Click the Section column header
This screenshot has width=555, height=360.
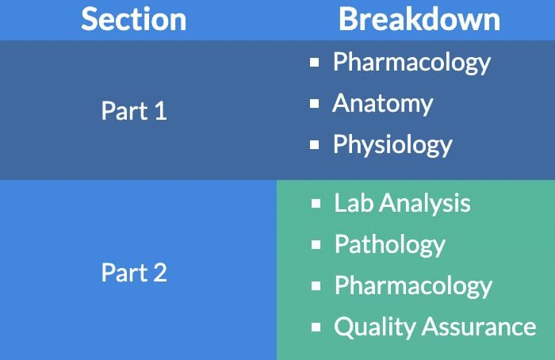coord(134,19)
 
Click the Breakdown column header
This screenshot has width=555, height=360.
coord(419,19)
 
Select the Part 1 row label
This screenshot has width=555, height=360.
coord(134,111)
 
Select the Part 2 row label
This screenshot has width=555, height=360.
coord(134,273)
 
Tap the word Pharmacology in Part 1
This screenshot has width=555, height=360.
coord(411,63)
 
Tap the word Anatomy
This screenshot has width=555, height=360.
coord(383,104)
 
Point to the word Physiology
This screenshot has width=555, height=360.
coord(392,145)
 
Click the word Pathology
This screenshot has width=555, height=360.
coord(390,244)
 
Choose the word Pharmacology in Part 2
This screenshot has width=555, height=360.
coord(413,286)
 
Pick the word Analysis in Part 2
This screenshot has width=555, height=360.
coord(425,204)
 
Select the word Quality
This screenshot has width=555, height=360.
coord(375,327)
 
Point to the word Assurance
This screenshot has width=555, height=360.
coord(479,327)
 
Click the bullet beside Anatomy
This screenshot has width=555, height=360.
coord(314,104)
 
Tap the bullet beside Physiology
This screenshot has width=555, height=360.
coord(314,145)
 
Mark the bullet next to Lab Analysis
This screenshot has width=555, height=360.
coord(316,204)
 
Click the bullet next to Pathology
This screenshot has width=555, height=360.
coord(316,244)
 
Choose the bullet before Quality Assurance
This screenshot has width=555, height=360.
coord(316,327)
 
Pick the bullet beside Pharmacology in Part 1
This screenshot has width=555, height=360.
coord(314,63)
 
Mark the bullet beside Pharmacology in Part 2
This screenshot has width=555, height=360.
coord(316,286)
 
